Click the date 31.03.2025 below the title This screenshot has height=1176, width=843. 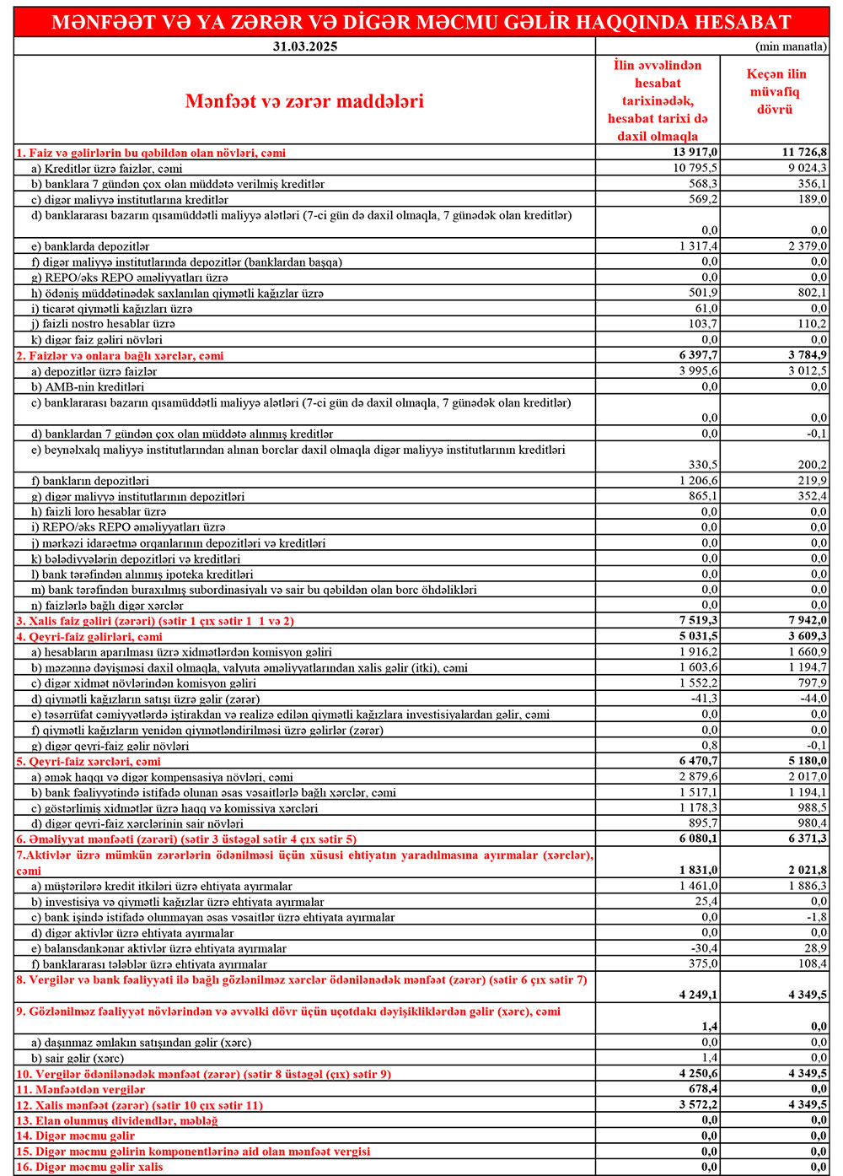point(304,46)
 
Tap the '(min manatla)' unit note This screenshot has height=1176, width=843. point(792,46)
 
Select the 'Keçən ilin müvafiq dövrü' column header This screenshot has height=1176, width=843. point(775,92)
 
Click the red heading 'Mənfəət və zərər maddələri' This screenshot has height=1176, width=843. point(304,101)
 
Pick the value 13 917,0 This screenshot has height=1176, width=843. point(695,153)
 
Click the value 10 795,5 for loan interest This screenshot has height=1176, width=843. point(695,168)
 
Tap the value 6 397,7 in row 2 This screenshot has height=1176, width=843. point(699,355)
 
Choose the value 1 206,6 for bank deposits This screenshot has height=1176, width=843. point(699,480)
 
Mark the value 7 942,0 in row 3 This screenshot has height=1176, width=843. point(808,620)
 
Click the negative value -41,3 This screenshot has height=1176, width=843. point(704,699)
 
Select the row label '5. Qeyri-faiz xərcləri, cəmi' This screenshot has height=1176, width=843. point(89,761)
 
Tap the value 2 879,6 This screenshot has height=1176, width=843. point(699,776)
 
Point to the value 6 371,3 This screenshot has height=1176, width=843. point(808,839)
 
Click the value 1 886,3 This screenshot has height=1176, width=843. point(808,886)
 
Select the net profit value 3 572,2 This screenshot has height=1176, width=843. point(699,1104)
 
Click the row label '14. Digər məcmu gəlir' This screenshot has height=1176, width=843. point(75,1136)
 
